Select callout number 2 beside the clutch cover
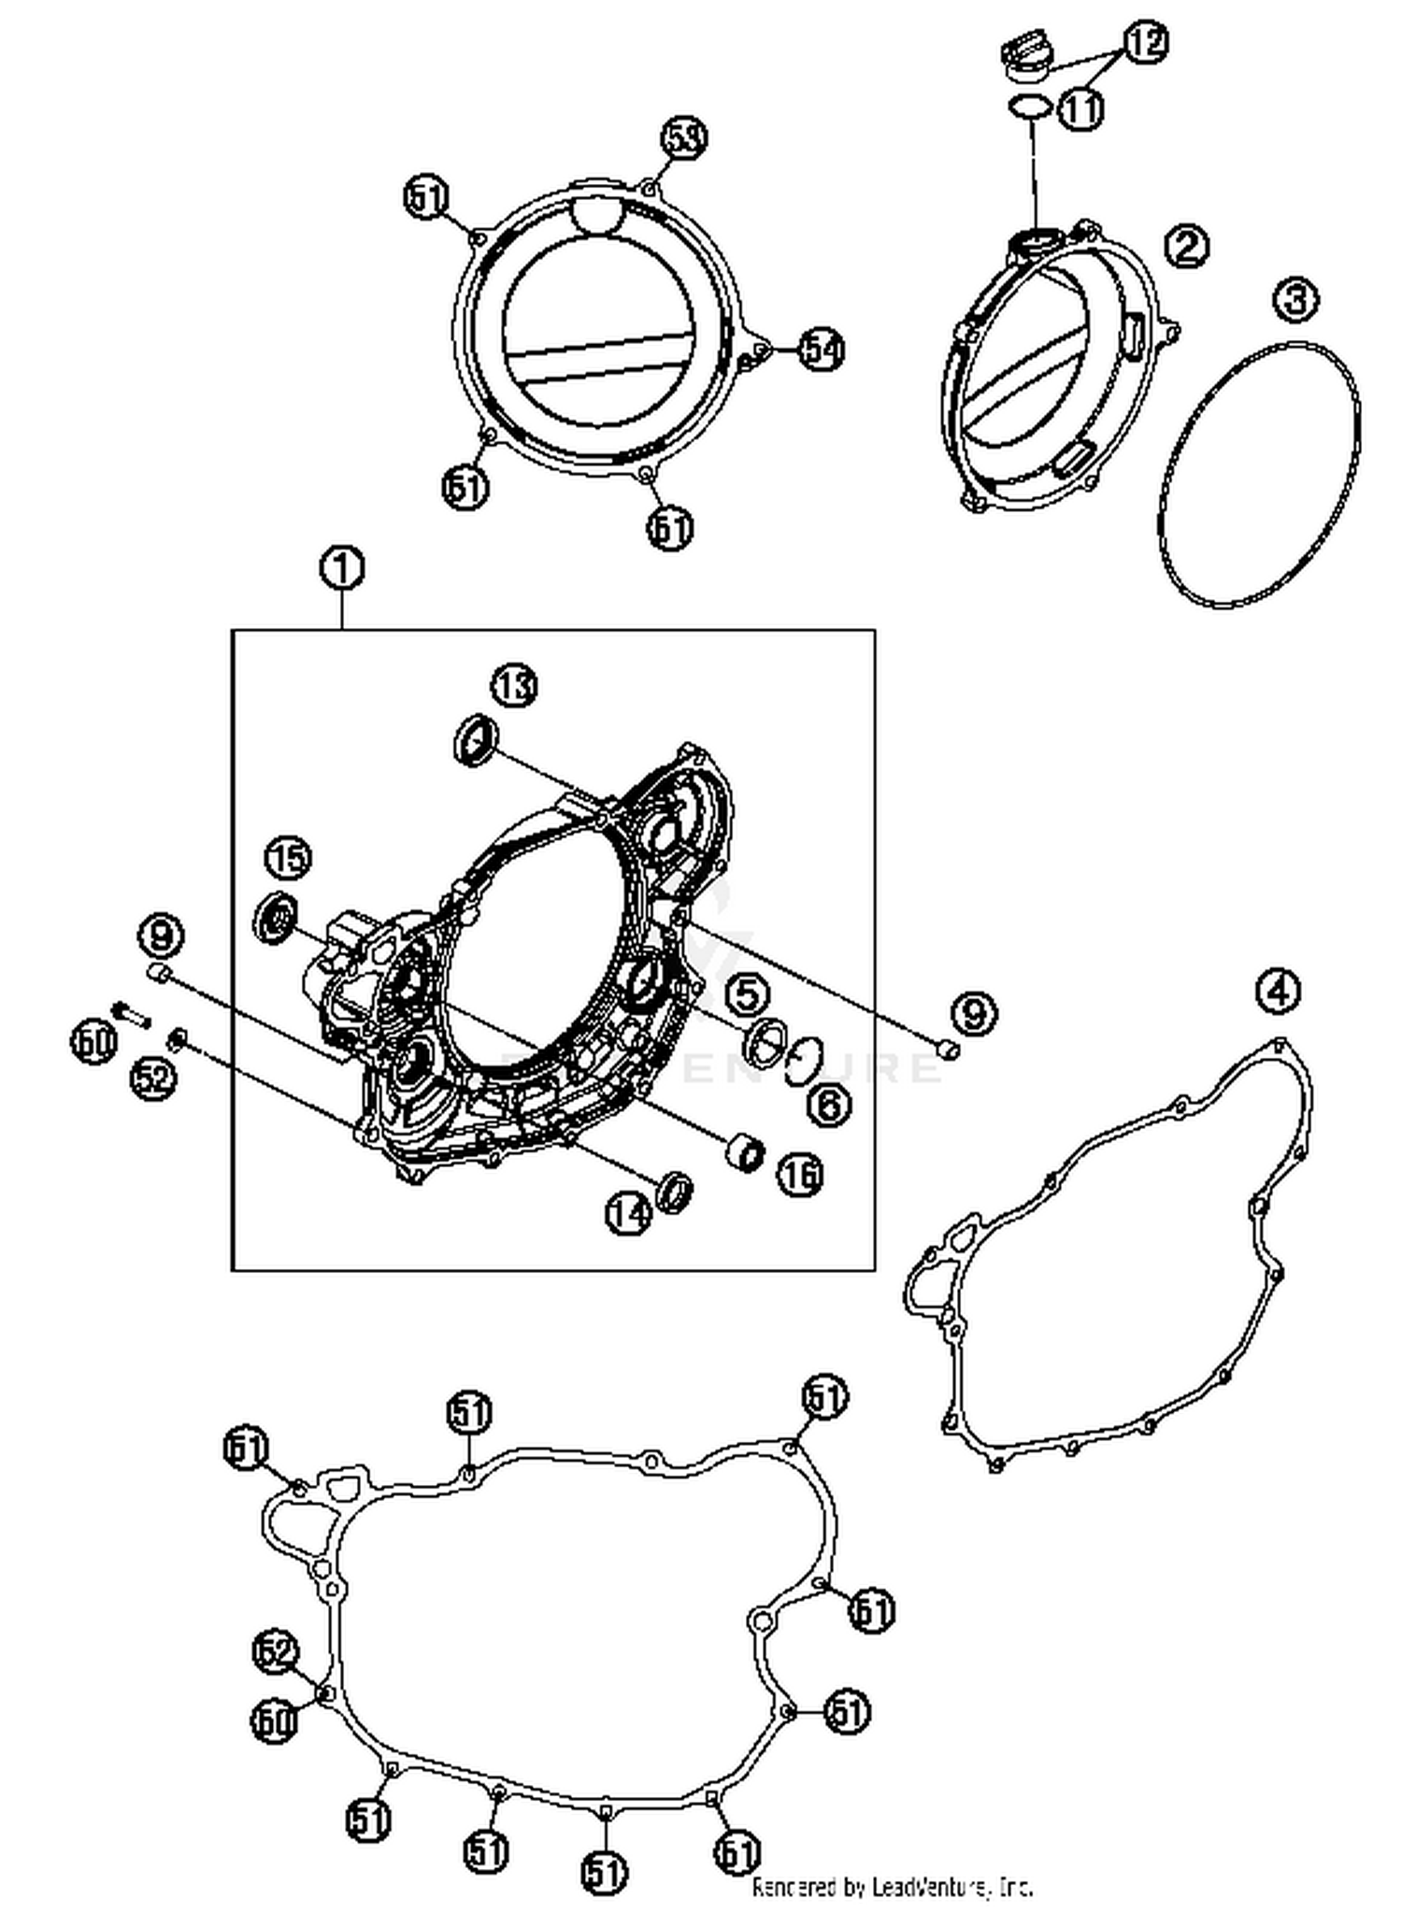point(1186,247)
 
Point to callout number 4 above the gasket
point(1278,990)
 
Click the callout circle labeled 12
point(1145,42)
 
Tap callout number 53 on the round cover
point(684,138)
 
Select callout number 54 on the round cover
point(822,350)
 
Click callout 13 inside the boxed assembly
point(515,686)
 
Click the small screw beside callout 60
point(131,1013)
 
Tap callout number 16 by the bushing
point(800,1174)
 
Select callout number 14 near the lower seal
point(628,1213)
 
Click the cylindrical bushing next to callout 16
point(746,1151)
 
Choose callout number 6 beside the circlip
point(829,1106)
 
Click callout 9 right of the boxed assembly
point(975,1013)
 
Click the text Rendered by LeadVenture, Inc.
point(892,1887)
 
